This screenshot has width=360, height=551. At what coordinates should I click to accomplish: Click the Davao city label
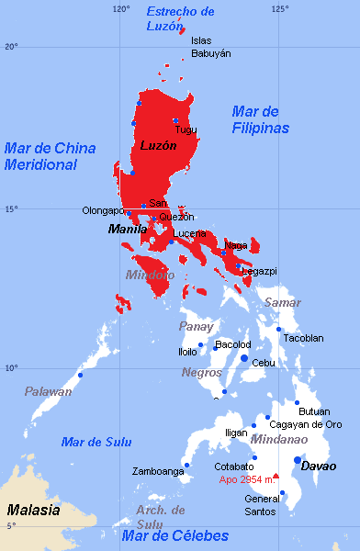(x=318, y=466)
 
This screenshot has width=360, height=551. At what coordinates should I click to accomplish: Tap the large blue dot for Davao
(x=297, y=460)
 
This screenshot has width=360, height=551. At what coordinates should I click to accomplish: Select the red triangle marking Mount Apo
(x=275, y=476)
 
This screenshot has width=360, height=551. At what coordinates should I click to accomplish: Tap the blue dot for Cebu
(x=244, y=358)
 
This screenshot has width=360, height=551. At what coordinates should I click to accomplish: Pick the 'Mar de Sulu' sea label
(x=92, y=442)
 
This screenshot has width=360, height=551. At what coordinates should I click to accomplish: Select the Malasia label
(x=33, y=510)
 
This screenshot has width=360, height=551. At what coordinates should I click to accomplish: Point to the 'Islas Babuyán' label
(x=210, y=47)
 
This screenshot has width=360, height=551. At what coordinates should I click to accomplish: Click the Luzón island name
(x=158, y=145)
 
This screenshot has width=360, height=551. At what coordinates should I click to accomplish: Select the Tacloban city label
(x=303, y=338)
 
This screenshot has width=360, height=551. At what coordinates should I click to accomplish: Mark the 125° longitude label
(x=279, y=8)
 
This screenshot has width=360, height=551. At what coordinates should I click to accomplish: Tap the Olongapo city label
(x=102, y=210)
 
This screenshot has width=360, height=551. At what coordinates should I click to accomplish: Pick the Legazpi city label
(x=259, y=272)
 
